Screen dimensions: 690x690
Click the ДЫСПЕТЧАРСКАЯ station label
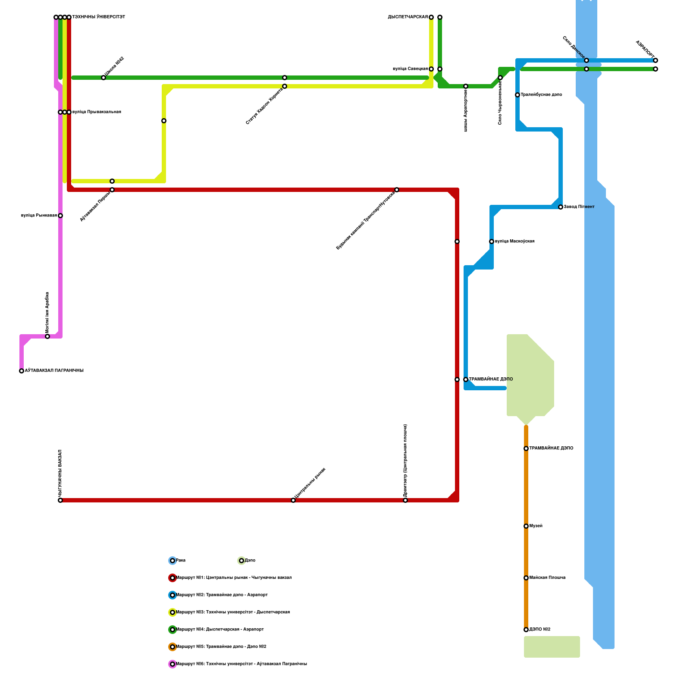(x=408, y=17)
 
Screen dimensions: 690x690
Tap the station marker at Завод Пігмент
(x=561, y=207)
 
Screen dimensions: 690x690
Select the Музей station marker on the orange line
(x=526, y=526)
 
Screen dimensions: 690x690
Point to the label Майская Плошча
(x=547, y=578)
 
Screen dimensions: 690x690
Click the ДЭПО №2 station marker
(x=526, y=630)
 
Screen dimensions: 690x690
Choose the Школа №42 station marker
(x=103, y=78)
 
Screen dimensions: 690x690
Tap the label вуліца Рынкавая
(x=39, y=216)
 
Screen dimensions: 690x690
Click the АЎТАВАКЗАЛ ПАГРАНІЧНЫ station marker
(x=22, y=371)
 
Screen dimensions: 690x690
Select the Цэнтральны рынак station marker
(x=293, y=500)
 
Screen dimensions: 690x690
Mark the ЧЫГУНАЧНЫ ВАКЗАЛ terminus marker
(x=60, y=500)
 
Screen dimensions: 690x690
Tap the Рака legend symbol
(x=172, y=561)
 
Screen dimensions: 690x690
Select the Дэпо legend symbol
(x=241, y=561)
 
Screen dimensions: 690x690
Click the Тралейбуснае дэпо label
(x=541, y=95)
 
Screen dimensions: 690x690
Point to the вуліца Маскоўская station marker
(x=492, y=241)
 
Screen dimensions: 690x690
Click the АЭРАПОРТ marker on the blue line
(x=655, y=60)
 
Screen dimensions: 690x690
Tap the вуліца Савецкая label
(x=411, y=69)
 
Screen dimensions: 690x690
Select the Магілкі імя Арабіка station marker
(x=47, y=336)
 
